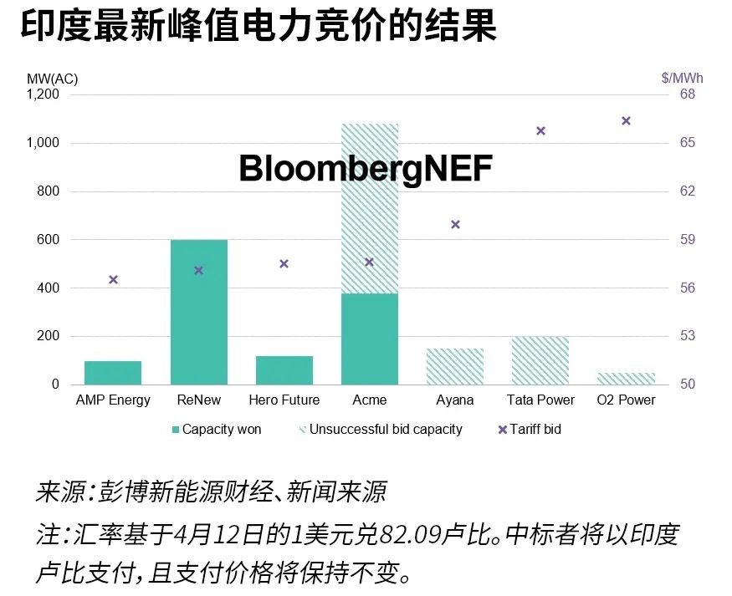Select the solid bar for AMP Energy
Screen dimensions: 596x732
pos(113,373)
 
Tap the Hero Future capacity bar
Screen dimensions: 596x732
pos(284,370)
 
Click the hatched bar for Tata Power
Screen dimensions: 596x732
pos(540,360)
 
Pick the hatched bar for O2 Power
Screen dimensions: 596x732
pos(626,379)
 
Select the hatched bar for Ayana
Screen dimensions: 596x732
pos(455,366)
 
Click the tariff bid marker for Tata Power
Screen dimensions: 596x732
pos(540,131)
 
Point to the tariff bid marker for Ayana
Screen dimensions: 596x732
pos(456,225)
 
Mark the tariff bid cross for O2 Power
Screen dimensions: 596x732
pos(626,121)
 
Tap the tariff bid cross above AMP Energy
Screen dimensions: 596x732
pos(114,280)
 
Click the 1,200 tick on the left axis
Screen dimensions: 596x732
pos(42,94)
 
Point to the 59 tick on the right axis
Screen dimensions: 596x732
pos(688,240)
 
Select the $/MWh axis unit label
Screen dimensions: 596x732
pos(682,78)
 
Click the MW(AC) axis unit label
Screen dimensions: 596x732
pos(52,78)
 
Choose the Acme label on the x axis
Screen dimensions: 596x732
pos(370,400)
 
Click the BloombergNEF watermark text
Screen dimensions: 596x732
pos(366,169)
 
